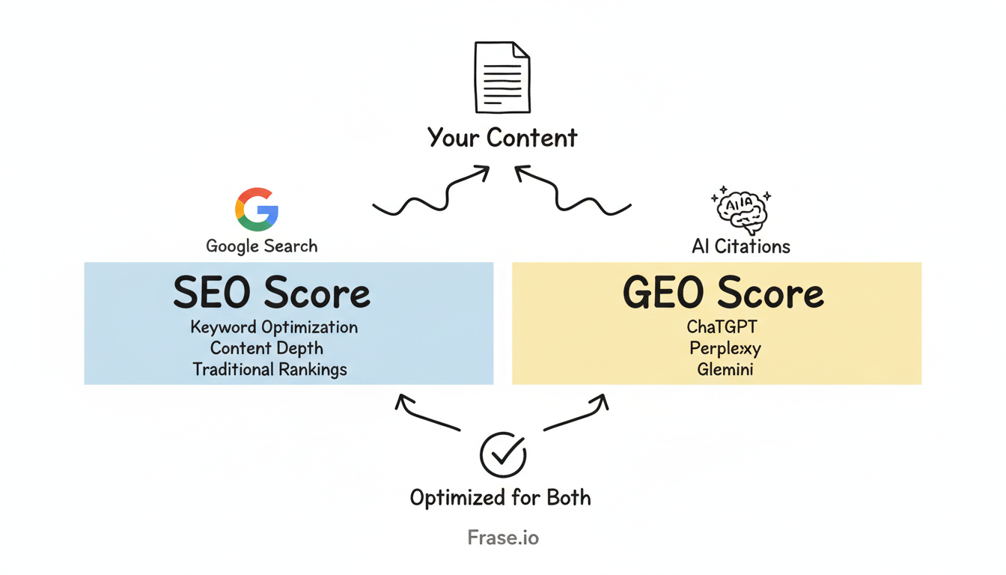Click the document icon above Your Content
502,78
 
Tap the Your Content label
502,138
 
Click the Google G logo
257,209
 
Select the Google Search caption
261,246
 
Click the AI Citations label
741,246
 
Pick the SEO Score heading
272,293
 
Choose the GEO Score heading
723,293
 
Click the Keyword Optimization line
274,327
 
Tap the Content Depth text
266,348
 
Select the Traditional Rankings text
269,369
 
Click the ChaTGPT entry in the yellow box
722,327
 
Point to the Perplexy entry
725,348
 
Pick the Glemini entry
724,369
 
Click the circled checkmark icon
502,454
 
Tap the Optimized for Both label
500,497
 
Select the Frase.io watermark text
502,537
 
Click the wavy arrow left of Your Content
430,193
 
